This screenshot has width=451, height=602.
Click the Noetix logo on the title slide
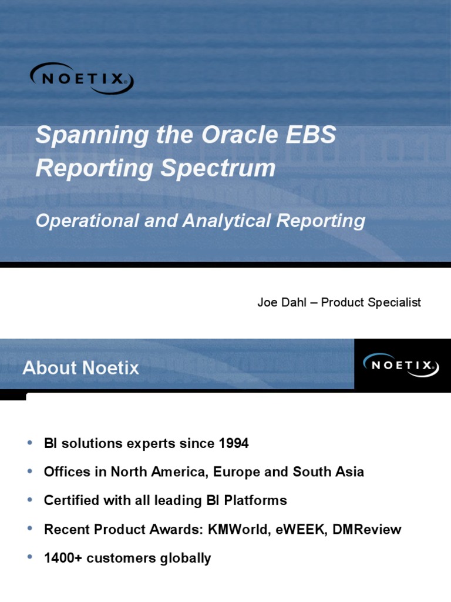(x=82, y=78)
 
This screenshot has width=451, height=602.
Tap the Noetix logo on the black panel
(x=399, y=365)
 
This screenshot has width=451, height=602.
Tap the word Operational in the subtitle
(x=87, y=221)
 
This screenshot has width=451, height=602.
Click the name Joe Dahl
(x=280, y=302)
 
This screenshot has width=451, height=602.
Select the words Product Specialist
(x=371, y=302)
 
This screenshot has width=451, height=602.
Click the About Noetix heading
(x=80, y=368)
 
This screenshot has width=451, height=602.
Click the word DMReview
(x=366, y=529)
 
